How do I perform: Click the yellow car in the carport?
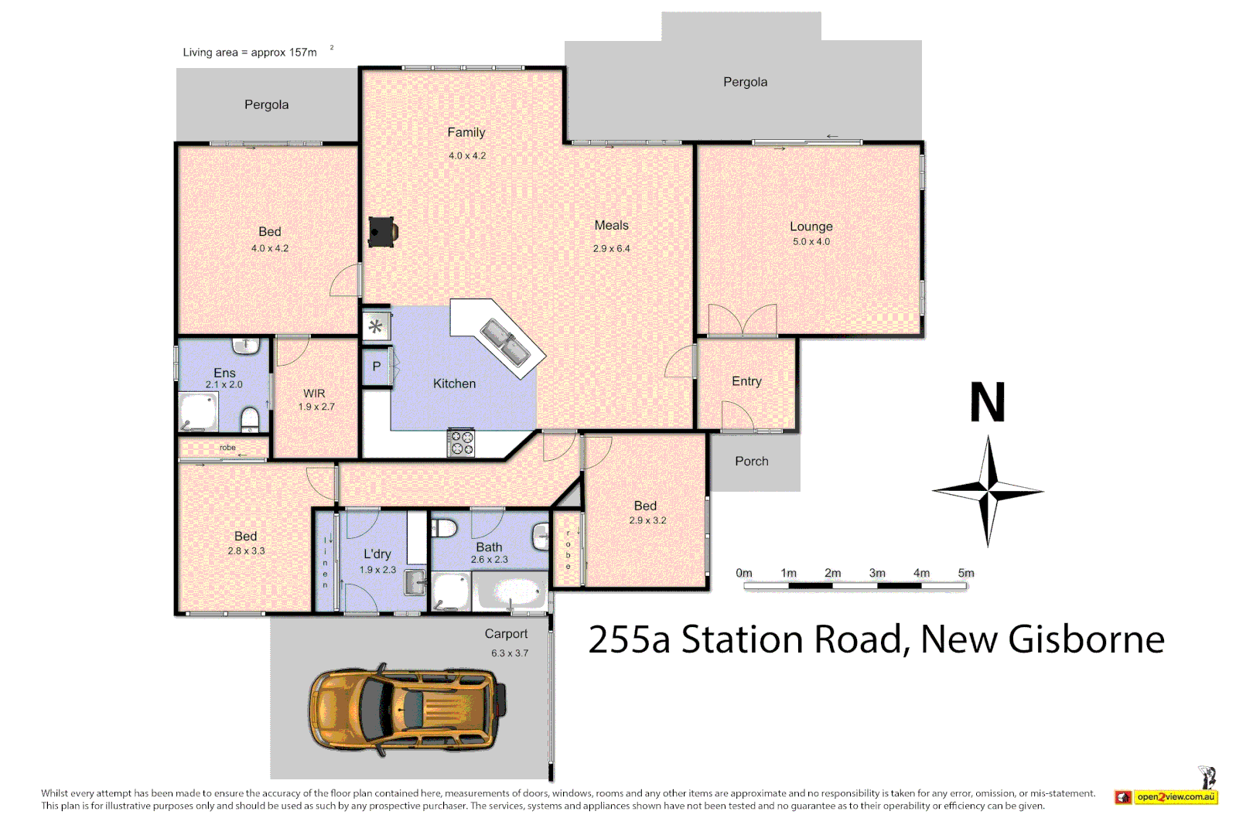[408, 708]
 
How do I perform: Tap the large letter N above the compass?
[988, 403]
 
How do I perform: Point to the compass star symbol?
[988, 491]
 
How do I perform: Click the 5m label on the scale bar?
[966, 573]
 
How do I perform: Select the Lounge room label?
[811, 227]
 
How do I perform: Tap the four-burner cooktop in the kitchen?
[462, 444]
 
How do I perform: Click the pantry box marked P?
[377, 367]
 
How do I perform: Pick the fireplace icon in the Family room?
[382, 231]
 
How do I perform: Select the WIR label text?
[314, 394]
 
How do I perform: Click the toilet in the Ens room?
[250, 420]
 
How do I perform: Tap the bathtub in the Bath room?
[510, 594]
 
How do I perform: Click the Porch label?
[751, 462]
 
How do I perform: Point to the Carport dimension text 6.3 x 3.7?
[510, 653]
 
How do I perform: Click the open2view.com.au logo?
[1166, 796]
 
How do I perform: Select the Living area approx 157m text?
[250, 53]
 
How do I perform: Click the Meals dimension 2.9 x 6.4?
[611, 249]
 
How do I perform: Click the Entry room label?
[746, 381]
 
